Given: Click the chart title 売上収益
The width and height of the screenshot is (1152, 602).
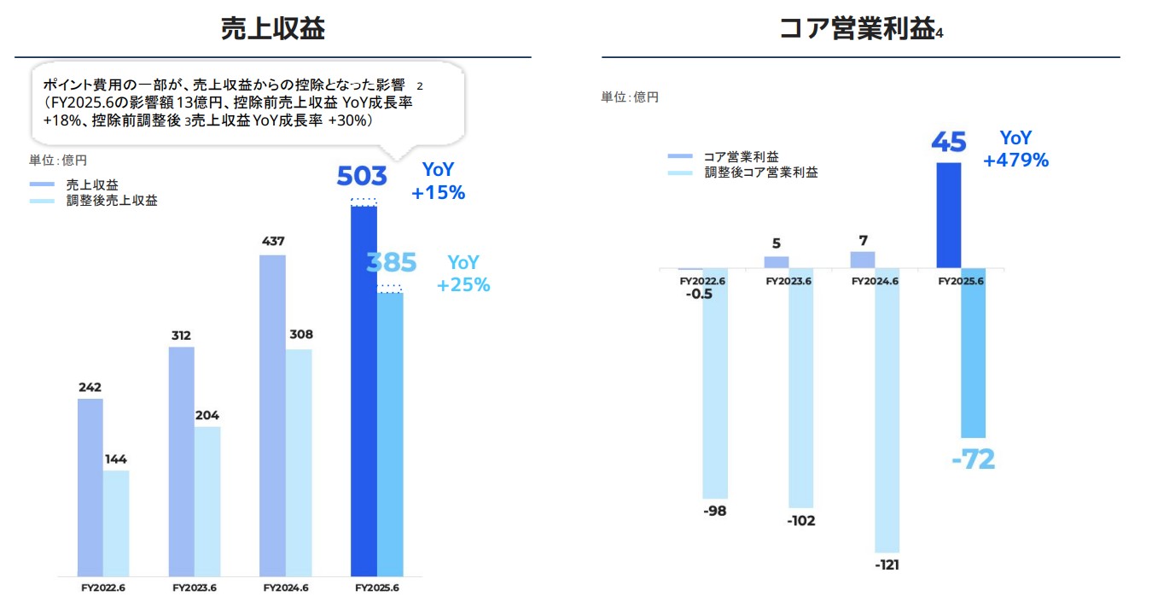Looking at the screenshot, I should (272, 28).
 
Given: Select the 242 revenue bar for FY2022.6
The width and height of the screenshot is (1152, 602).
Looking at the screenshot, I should (90, 487).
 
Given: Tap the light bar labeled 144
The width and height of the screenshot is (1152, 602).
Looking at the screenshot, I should (116, 523).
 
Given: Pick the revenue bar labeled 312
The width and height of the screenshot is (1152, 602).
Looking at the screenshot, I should (181, 461).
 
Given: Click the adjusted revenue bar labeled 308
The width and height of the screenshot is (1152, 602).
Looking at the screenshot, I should (299, 462).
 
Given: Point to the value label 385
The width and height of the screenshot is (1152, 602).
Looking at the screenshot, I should (391, 262).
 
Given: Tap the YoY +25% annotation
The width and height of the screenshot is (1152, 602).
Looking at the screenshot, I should (463, 274).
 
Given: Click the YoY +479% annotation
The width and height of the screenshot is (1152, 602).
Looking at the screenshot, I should (1015, 149).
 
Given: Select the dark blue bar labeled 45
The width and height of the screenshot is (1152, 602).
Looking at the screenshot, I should (949, 215).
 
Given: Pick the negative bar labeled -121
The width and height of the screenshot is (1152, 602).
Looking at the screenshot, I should (887, 410).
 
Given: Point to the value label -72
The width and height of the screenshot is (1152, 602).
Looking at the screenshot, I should (974, 459).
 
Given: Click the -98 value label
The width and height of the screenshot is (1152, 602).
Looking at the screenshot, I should (716, 511).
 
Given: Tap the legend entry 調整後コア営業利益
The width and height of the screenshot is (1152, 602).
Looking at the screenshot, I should (760, 172).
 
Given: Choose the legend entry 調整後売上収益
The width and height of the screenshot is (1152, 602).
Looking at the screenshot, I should (111, 202).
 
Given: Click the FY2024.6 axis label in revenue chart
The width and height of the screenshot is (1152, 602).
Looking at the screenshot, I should (286, 588).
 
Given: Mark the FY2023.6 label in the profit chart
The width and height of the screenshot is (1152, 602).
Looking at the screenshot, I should (788, 280).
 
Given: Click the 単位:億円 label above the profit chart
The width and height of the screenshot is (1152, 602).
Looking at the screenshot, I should (630, 98).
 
